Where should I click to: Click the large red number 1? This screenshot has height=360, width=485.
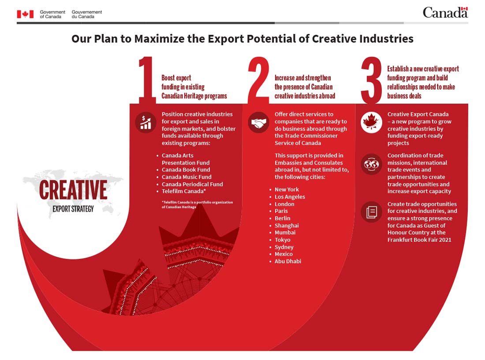pos(146,80)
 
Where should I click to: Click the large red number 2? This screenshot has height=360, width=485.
pos(258,80)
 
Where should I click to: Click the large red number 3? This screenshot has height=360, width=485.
pos(372,80)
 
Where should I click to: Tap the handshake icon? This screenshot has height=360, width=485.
pos(258,123)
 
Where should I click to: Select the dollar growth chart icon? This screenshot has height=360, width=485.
pos(145,123)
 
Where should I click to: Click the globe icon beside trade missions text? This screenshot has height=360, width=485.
pos(372,164)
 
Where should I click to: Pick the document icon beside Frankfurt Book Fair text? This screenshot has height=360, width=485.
pos(372,212)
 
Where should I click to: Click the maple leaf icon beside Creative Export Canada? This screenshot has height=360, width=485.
pos(372,123)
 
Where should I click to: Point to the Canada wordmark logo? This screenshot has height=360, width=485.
pos(445,13)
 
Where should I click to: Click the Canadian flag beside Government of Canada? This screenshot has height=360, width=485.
pos(26,14)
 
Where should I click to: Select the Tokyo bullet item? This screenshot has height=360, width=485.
pos(282,240)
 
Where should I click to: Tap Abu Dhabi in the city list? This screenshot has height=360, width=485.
pos(287,261)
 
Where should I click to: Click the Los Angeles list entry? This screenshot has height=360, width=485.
pos(290,197)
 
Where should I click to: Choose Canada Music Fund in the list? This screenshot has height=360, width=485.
pos(187,177)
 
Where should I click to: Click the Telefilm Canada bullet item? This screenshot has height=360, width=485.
pos(184,191)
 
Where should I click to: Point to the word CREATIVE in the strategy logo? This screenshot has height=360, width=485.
pos(73,190)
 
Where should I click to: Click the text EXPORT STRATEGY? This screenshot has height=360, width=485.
pos(73,209)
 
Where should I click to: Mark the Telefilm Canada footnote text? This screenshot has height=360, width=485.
pos(197,205)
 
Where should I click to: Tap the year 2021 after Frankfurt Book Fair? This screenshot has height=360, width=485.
pos(445,240)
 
